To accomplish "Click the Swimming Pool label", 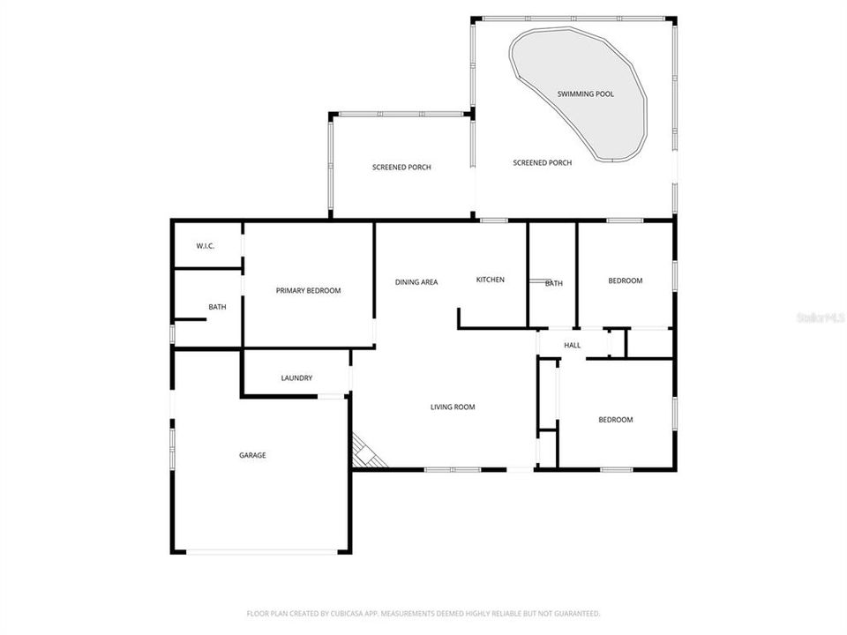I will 585,93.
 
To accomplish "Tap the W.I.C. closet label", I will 205,246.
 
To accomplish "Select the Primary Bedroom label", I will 308,291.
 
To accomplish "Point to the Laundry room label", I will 296,378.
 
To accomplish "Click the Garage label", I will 252,455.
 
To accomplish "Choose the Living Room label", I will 453,407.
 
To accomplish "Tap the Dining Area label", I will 416,282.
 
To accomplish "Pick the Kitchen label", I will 491,280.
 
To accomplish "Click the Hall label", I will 573,345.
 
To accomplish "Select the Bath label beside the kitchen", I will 554,283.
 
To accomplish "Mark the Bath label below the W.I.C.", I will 217,307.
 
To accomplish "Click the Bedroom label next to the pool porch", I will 626,280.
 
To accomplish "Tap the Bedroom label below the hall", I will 616,420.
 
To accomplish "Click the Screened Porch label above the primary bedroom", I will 401,167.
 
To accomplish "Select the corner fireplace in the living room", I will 366,452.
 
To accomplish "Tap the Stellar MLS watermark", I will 820,317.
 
